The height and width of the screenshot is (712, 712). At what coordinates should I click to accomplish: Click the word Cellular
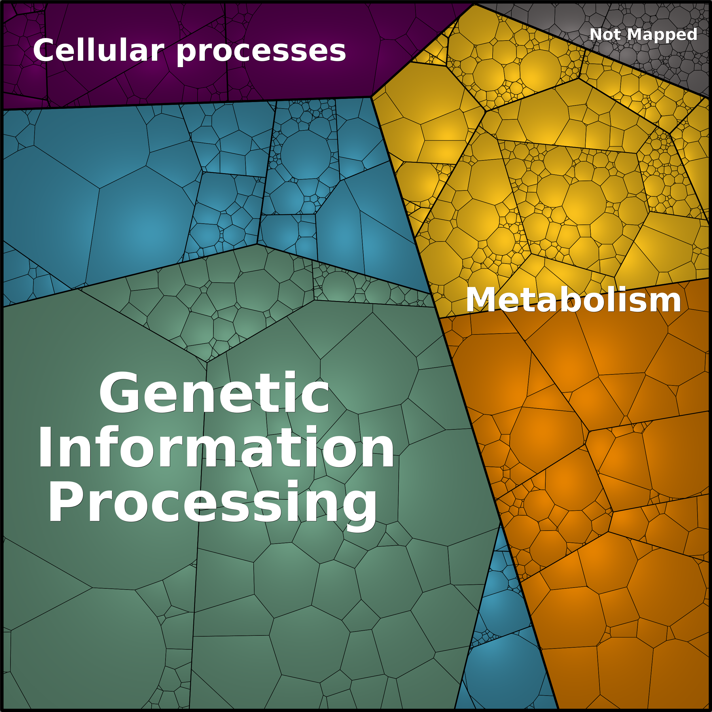(98, 50)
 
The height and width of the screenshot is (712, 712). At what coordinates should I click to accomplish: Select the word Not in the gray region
(607, 35)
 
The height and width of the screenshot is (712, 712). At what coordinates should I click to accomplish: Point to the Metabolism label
(573, 300)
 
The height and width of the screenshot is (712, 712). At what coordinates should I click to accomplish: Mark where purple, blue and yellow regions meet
(371, 97)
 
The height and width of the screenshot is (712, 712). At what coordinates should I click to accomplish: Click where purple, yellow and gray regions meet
(474, 4)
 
